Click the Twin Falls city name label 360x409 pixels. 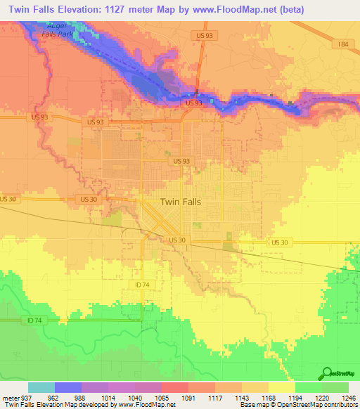pyautogui.click(x=181, y=202)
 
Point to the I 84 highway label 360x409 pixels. pyautogui.click(x=342, y=44)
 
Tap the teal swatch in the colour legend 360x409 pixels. pyautogui.click(x=41, y=387)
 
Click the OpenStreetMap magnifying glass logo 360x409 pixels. pyautogui.click(x=326, y=374)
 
